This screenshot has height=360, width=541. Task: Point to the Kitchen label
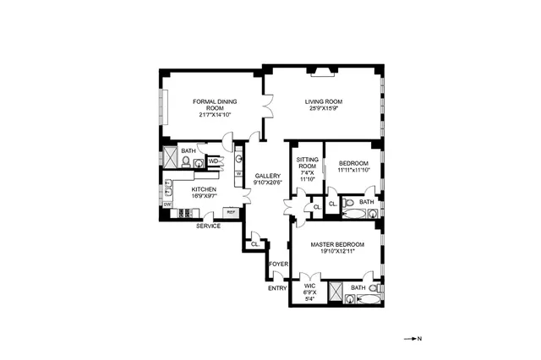click(x=204, y=189)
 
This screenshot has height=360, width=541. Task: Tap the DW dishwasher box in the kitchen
click(x=167, y=205)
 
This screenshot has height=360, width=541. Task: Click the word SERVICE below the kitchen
click(x=209, y=226)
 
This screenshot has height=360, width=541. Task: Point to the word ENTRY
click(x=277, y=288)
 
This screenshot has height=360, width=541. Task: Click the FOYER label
click(x=278, y=264)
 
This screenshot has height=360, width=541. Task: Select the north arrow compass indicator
click(x=415, y=338)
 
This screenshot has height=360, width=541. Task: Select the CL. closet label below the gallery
click(x=254, y=244)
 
